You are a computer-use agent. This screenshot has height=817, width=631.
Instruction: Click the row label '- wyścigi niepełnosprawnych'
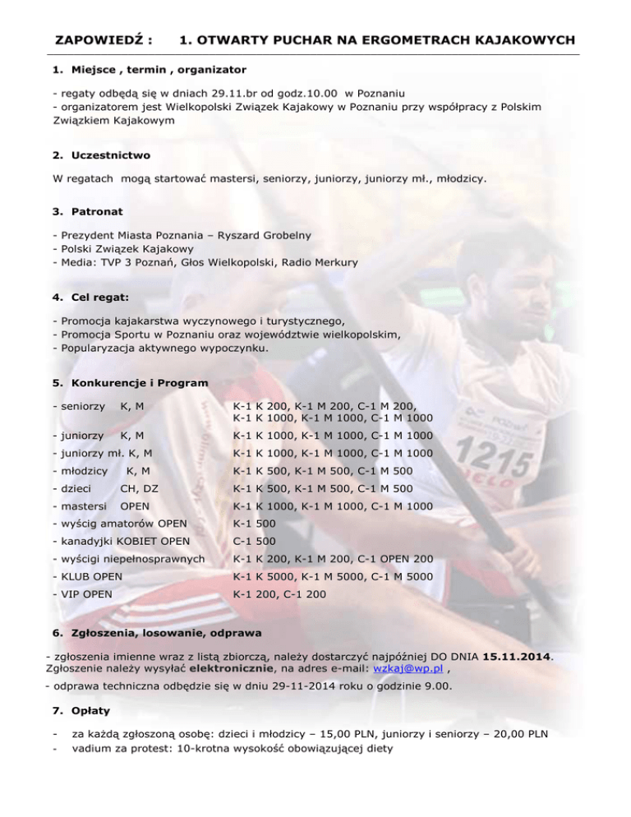tap(127, 559)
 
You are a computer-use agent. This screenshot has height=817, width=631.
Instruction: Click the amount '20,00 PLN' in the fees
tap(523, 748)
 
